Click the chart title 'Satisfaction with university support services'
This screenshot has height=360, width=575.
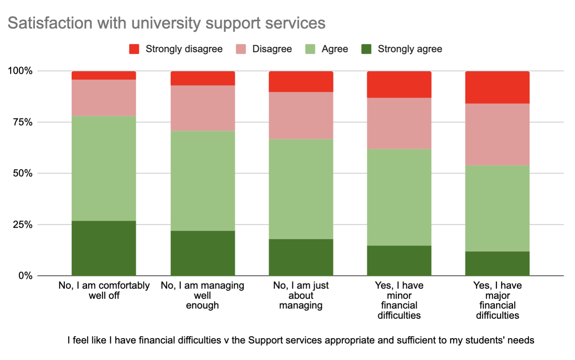click(x=166, y=23)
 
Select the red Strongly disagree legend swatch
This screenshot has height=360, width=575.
click(x=134, y=49)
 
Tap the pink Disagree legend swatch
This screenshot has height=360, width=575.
click(x=241, y=49)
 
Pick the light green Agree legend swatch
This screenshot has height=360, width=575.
click(x=310, y=49)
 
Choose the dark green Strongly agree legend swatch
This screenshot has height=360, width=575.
click(x=366, y=49)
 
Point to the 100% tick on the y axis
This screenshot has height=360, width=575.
click(x=20, y=71)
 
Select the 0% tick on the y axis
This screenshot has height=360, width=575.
click(x=25, y=276)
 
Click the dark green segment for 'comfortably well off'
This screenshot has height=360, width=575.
click(x=104, y=248)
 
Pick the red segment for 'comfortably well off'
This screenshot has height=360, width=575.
click(x=104, y=75)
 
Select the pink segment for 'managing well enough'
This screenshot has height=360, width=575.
click(x=202, y=108)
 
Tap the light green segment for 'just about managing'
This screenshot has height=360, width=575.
click(x=301, y=189)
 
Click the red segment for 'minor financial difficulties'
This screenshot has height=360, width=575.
click(x=399, y=84)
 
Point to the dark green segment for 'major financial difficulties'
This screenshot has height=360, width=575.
click(x=497, y=264)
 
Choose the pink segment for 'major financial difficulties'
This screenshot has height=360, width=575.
click(x=497, y=134)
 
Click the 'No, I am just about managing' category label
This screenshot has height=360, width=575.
click(x=301, y=295)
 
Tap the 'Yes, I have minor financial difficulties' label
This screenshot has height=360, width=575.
click(x=399, y=300)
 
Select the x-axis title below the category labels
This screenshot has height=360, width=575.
click(x=301, y=340)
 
